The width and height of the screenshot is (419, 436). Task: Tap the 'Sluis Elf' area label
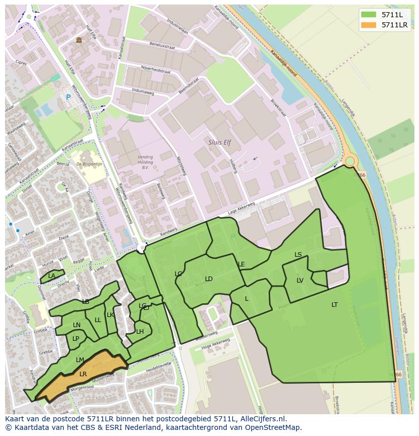click(x=219, y=143)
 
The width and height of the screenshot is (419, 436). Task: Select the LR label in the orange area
click(x=83, y=374)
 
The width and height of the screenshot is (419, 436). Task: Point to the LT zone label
click(x=334, y=304)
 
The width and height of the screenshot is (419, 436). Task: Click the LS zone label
click(x=298, y=254)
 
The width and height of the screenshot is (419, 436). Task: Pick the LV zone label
click(x=300, y=280)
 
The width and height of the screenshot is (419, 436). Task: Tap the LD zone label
click(x=208, y=279)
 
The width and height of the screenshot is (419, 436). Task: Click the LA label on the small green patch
click(x=52, y=276)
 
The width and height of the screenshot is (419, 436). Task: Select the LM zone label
click(x=80, y=360)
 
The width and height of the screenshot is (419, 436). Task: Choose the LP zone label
click(x=76, y=338)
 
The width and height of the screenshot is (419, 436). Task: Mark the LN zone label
click(x=76, y=325)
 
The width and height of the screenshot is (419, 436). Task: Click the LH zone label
click(x=140, y=331)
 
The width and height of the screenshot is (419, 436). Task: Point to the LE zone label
click(x=241, y=264)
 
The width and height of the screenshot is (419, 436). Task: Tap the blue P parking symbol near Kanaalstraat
click(x=68, y=97)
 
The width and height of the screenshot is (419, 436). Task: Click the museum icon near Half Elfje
click(x=78, y=40)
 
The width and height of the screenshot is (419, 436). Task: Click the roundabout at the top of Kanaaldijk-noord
click(x=349, y=162)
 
